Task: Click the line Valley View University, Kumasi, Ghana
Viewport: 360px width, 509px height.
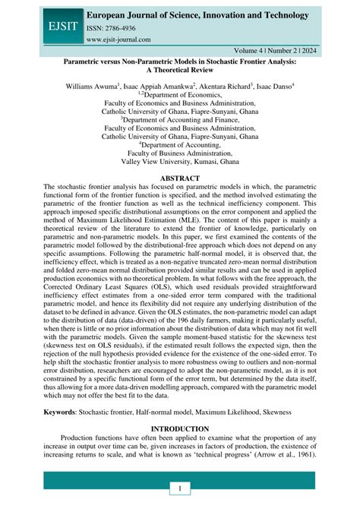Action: coord(180,161)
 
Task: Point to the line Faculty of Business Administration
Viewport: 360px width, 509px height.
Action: coord(180,151)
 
